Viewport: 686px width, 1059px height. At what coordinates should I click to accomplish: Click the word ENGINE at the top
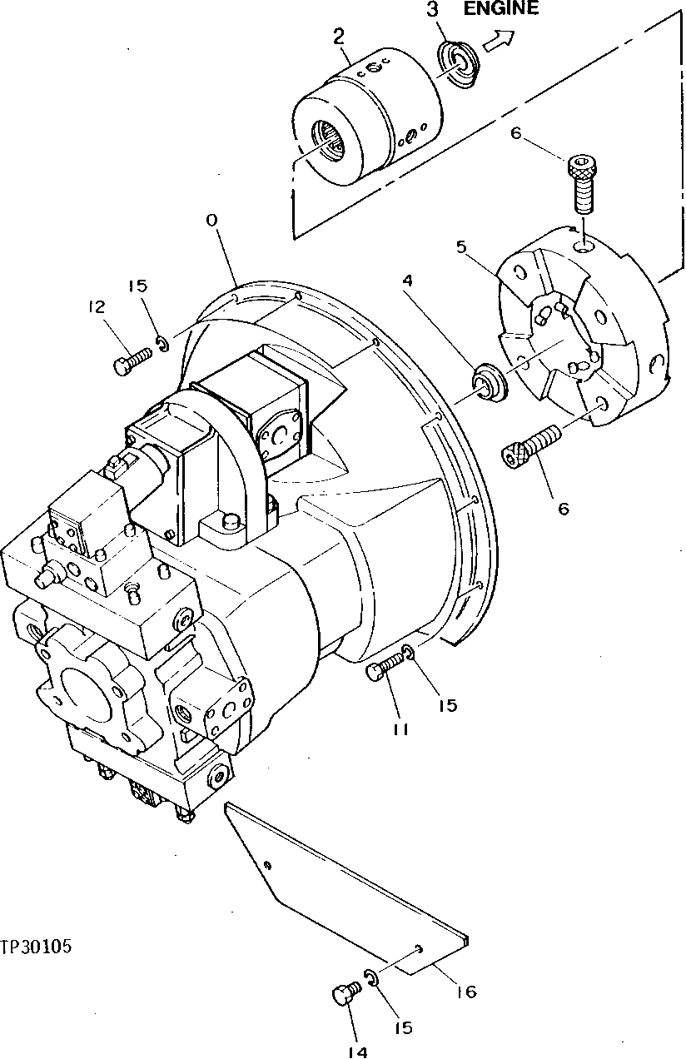[x=500, y=9]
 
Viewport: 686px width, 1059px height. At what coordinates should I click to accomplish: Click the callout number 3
[x=431, y=10]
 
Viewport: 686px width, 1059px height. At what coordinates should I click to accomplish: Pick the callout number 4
[x=406, y=281]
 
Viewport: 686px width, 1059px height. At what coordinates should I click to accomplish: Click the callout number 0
[x=212, y=220]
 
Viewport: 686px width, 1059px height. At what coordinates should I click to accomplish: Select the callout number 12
[x=97, y=307]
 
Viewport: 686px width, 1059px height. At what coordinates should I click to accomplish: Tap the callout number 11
[x=400, y=728]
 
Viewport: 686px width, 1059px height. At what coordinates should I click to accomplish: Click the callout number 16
[x=466, y=992]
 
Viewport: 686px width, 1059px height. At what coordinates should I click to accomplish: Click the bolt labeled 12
[x=131, y=360]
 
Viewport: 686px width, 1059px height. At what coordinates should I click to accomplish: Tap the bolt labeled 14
[x=344, y=994]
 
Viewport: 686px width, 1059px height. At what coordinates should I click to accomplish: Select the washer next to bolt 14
[x=371, y=978]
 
